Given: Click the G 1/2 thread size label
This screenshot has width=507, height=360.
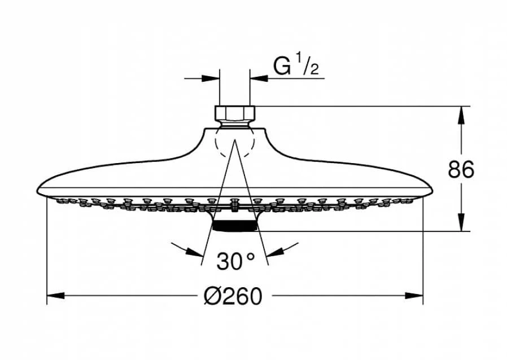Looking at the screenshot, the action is click(x=296, y=65).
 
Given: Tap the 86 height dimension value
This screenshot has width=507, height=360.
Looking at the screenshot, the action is click(x=461, y=169).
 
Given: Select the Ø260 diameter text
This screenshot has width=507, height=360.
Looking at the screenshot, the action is click(x=233, y=296).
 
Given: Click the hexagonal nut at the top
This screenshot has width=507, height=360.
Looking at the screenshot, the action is click(x=235, y=113).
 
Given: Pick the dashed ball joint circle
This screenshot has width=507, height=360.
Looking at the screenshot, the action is click(x=235, y=142).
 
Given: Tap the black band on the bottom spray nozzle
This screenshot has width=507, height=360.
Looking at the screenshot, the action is click(x=235, y=226).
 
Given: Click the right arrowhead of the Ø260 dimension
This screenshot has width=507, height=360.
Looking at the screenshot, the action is click(x=414, y=295).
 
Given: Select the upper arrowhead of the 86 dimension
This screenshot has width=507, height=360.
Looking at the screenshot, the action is click(x=461, y=115).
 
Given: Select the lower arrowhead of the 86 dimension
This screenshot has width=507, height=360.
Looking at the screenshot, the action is click(x=461, y=223).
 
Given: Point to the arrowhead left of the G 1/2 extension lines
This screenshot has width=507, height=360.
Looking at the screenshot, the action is click(x=211, y=78).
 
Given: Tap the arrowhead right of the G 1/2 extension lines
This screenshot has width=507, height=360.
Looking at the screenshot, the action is click(x=259, y=78).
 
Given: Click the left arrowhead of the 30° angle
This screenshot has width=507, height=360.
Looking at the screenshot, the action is click(x=195, y=252).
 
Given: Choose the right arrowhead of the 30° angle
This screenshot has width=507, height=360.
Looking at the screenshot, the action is click(x=275, y=252).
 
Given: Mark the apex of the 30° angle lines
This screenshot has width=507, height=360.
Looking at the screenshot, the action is click(x=235, y=141).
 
